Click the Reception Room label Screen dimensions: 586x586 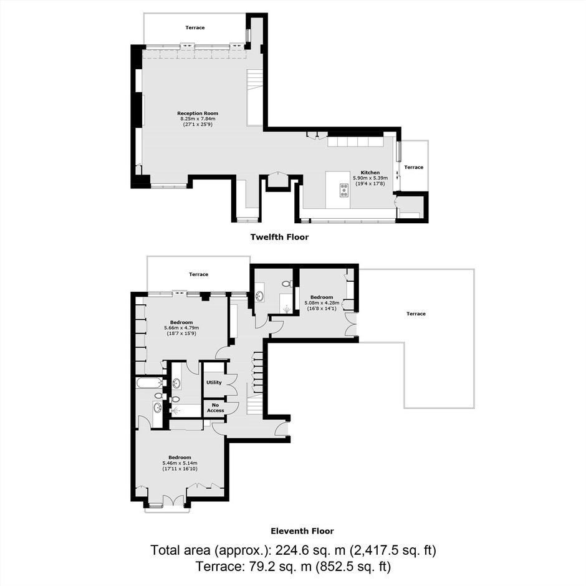click(198, 113)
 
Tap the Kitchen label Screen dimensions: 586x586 click(370, 173)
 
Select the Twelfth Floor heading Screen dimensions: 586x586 click(279, 237)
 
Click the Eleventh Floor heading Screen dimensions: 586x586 click(302, 531)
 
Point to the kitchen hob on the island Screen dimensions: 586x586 click(344, 190)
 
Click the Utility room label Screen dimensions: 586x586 click(214, 382)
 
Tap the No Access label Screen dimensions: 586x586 click(215, 408)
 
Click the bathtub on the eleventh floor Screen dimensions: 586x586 click(150, 383)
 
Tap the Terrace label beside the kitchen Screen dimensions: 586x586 click(414, 167)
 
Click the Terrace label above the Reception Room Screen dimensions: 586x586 click(195, 27)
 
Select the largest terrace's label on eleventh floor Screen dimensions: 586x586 click(416, 314)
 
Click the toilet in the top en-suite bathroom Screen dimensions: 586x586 click(287, 284)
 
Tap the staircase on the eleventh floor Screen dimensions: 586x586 click(255, 403)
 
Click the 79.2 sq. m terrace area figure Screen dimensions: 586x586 click(279, 567)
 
